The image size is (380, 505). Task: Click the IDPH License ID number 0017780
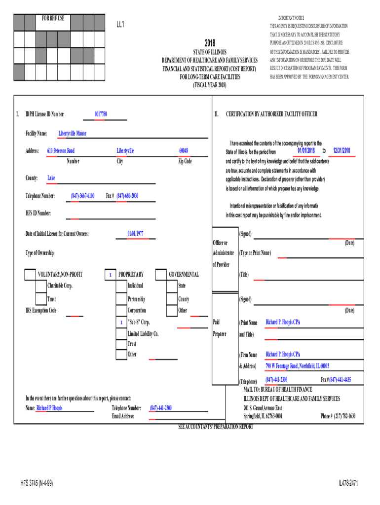pyautogui.click(x=101, y=114)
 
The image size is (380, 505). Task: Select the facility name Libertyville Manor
pyautogui.click(x=72, y=133)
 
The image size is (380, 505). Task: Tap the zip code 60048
pyautogui.click(x=184, y=150)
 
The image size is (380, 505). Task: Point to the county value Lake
pyautogui.click(x=51, y=178)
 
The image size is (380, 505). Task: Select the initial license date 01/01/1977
pyautogui.click(x=135, y=233)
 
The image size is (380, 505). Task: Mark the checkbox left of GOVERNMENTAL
pyautogui.click(x=161, y=274)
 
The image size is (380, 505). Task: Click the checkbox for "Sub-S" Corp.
pyautogui.click(x=121, y=322)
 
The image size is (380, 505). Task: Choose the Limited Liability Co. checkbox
pyautogui.click(x=121, y=334)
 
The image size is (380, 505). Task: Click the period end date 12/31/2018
pyautogui.click(x=341, y=150)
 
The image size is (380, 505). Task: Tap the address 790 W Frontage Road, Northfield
pyautogui.click(x=297, y=366)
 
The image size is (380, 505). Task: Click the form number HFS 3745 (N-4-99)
pyautogui.click(x=37, y=483)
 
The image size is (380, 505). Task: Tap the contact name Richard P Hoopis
pyautogui.click(x=50, y=408)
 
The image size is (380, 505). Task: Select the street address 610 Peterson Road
pyautogui.click(x=61, y=150)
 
